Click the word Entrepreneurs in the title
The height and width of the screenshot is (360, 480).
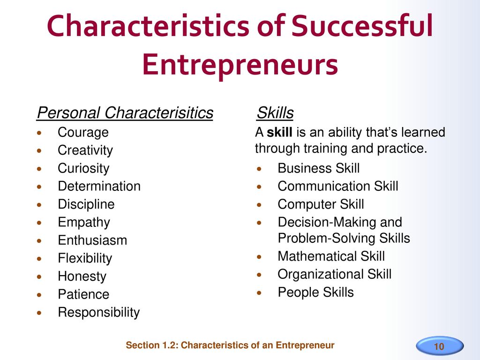coord(240,64)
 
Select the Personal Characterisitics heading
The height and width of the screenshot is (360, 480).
coord(125,112)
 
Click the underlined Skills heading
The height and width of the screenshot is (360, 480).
coord(275,112)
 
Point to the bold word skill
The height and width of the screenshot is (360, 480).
coord(279,132)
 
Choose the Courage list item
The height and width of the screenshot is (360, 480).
coord(83,133)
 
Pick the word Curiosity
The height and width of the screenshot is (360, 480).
coord(83,169)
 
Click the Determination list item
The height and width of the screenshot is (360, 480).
coord(99,186)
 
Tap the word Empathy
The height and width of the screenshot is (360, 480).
coord(84,223)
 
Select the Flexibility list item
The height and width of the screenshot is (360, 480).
coord(85,258)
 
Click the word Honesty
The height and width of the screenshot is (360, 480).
coord(82,277)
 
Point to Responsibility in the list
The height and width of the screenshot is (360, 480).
coord(98,313)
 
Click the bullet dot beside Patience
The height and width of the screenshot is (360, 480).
coord(39,295)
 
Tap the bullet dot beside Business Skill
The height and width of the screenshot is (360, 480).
coord(259,169)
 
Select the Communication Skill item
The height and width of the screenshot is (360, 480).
coord(338,186)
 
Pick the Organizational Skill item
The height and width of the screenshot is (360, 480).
coord(335,275)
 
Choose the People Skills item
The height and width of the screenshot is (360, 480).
coord(315,292)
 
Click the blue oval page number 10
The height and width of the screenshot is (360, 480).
coord(440,346)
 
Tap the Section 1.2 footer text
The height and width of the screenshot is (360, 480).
coord(230,345)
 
